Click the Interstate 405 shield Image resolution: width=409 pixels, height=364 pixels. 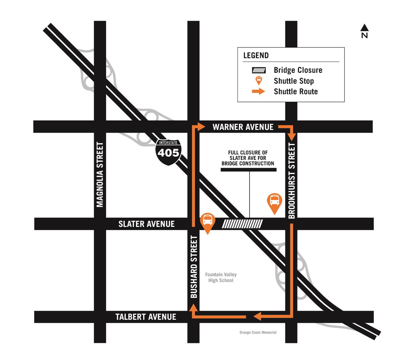(x=168, y=152)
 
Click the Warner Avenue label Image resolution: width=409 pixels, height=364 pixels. (x=243, y=127)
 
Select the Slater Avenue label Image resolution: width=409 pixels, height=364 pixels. (x=146, y=224)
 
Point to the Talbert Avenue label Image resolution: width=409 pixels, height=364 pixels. (x=146, y=317)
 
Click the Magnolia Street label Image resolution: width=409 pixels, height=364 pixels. (x=100, y=175)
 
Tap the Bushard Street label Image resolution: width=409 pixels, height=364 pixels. (x=194, y=267)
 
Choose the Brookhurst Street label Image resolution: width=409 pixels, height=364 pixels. (x=292, y=180)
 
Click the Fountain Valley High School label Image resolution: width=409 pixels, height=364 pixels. (x=221, y=277)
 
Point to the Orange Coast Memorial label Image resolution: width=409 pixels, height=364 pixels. (x=258, y=332)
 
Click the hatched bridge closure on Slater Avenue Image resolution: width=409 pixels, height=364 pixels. (x=242, y=224)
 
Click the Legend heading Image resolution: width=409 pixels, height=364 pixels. (x=256, y=55)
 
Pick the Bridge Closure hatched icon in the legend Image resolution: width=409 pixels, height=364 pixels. (x=259, y=70)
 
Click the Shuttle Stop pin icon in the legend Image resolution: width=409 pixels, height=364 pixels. (x=259, y=81)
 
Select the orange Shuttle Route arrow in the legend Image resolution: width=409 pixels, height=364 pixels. (x=258, y=92)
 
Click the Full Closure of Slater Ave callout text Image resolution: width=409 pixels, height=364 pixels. (x=248, y=158)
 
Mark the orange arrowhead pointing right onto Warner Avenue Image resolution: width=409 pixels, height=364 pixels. (x=201, y=127)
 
